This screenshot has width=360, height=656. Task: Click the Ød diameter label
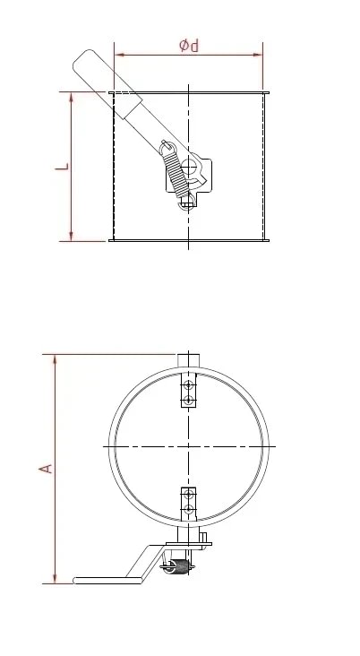pos(188,45)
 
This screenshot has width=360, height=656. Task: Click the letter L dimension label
pos(59,167)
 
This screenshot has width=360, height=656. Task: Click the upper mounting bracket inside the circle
pos(188,393)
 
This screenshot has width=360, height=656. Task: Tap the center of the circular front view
pos(188,445)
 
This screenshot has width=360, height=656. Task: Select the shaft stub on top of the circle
pos(188,359)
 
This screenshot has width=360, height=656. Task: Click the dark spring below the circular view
pos(182,566)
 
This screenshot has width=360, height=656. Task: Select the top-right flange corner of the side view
pos(267,91)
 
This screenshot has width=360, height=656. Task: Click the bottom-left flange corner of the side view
pos(110,240)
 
